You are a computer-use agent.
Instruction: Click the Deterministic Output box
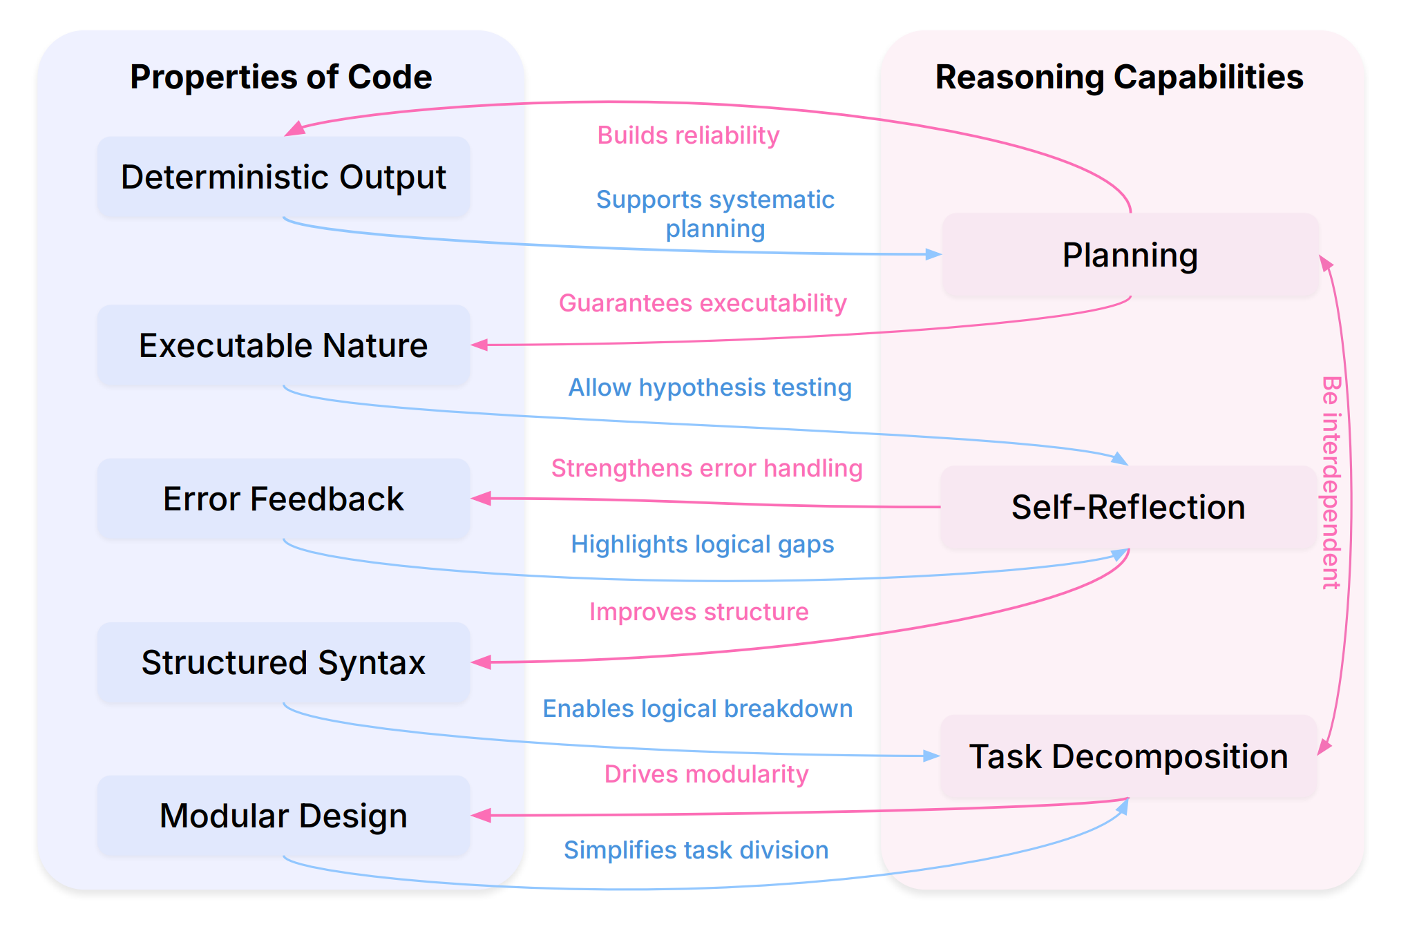pos(283,177)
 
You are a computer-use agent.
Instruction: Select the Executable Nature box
pos(283,345)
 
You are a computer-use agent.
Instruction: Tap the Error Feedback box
pos(283,499)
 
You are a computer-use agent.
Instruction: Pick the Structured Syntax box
pos(283,662)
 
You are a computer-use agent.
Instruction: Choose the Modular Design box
pos(283,816)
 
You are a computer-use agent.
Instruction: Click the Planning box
pos(1130,255)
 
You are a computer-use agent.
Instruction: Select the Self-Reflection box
pos(1128,507)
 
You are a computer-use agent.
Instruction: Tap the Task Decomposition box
pos(1128,756)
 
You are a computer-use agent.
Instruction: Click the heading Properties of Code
pos(280,77)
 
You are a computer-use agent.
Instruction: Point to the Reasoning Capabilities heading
pos(1119,77)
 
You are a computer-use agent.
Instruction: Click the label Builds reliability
pos(688,135)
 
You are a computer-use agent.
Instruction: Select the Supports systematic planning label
pos(715,213)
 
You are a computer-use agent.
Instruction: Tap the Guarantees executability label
pos(703,303)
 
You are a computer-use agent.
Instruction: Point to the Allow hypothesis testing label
pos(710,387)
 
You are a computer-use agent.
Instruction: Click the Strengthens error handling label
pos(707,468)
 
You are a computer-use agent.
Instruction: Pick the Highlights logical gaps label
pos(702,544)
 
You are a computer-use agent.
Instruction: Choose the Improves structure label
pos(698,612)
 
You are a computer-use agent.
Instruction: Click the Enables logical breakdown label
pos(697,709)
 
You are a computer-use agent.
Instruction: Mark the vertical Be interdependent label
pos(1331,482)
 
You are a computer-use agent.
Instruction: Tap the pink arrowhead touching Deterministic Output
pos(295,129)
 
